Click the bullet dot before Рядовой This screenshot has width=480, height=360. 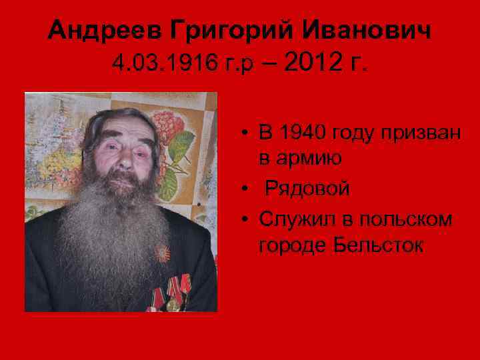[x=246, y=189]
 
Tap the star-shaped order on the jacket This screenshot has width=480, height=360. [x=162, y=254]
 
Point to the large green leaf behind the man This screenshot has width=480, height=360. [x=181, y=147]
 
